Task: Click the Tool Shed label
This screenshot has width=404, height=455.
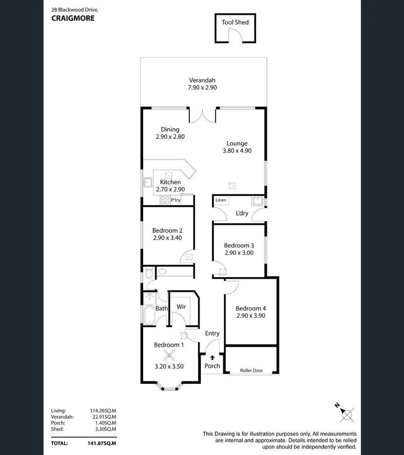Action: coord(235,22)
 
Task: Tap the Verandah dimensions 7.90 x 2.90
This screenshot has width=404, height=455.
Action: coord(202,88)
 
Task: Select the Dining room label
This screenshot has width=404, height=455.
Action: coord(170,130)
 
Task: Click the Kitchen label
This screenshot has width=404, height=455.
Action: coord(170,182)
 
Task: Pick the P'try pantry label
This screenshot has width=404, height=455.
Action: coord(175,200)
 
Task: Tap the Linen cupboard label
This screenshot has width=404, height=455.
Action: coord(221,200)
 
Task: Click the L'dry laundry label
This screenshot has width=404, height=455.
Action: coord(242,214)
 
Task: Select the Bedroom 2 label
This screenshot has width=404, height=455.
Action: coord(167,231)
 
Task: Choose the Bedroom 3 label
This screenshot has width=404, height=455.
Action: coord(239,245)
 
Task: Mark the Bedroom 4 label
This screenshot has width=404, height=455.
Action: coord(251,308)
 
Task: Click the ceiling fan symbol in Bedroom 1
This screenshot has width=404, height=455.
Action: coord(169,356)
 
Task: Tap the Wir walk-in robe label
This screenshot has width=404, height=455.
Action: coord(181,306)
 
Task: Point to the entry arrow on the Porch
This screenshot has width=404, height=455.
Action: coord(212,358)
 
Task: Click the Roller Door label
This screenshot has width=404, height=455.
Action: coord(251,371)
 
